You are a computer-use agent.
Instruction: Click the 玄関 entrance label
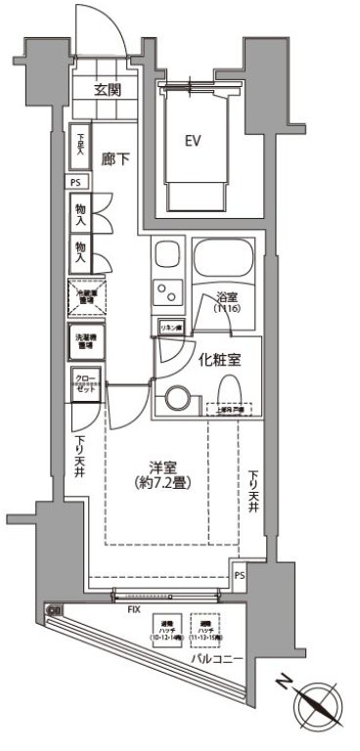click(107, 89)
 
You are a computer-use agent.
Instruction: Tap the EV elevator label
click(194, 140)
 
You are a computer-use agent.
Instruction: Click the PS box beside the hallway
click(76, 183)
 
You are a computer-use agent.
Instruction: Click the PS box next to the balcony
click(240, 576)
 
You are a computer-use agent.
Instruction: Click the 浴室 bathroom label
click(226, 298)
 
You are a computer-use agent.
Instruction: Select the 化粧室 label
click(221, 359)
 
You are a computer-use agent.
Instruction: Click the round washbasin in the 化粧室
click(177, 399)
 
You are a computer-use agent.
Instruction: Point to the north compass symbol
click(319, 703)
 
